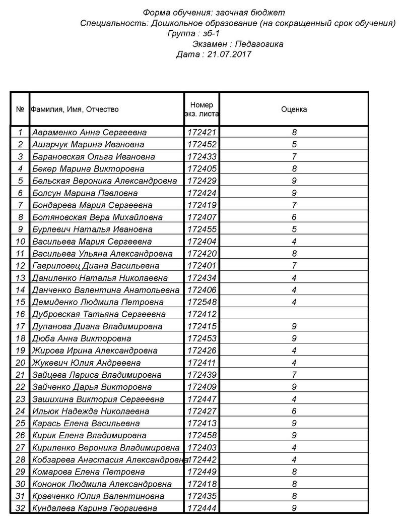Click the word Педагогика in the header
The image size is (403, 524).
tap(260, 44)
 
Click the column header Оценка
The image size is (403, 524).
tap(294, 109)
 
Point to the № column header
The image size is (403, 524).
tap(20, 109)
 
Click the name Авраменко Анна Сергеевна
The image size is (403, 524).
tap(89, 133)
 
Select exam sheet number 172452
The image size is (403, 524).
tap(201, 145)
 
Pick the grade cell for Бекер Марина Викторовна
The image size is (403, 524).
tap(294, 169)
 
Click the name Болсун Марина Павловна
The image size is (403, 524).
tap(85, 193)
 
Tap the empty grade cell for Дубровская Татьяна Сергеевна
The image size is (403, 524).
tap(294, 314)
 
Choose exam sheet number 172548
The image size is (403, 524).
tap(201, 302)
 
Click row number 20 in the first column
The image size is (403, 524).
tap(20, 363)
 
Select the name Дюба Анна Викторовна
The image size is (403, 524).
tap(81, 338)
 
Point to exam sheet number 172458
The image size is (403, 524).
tap(201, 435)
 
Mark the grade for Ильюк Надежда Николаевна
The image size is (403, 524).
tap(294, 411)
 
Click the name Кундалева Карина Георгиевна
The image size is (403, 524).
tap(94, 508)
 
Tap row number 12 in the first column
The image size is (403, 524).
tap(20, 266)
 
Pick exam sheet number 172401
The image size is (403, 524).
tap(201, 266)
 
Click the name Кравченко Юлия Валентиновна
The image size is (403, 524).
tap(98, 496)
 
